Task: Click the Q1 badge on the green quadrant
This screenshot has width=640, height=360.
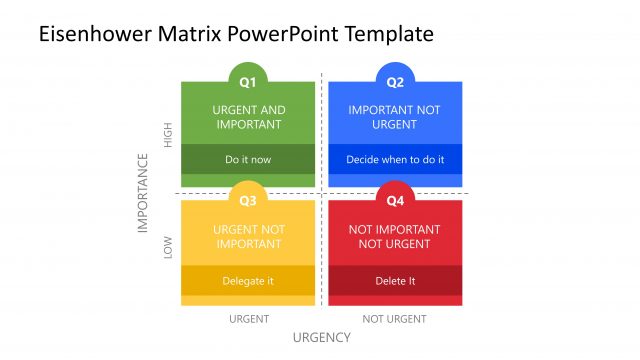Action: (248, 81)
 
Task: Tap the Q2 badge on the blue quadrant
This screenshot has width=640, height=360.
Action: (395, 81)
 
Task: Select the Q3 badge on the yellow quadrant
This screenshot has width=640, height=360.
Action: (248, 200)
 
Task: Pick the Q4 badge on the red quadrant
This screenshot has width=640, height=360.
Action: (395, 200)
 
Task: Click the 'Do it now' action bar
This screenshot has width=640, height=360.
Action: (248, 159)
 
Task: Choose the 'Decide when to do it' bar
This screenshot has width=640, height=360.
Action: (395, 159)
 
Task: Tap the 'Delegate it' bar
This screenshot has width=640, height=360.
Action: (248, 281)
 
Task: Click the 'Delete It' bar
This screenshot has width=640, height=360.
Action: (395, 281)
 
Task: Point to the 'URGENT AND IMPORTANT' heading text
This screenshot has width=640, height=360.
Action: (248, 117)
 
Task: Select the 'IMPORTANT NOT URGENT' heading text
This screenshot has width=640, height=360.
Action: (395, 117)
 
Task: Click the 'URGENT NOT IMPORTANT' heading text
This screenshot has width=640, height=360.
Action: (248, 237)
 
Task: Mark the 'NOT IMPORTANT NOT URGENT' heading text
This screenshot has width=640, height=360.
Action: (395, 237)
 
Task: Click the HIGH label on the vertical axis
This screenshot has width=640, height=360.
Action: (168, 135)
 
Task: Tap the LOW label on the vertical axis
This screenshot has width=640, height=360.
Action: (168, 247)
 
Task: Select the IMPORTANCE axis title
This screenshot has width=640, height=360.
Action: (143, 193)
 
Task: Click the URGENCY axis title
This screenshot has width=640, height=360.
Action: (321, 337)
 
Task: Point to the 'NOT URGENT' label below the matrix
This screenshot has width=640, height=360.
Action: (395, 319)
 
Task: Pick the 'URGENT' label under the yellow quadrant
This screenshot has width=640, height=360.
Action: (249, 319)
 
